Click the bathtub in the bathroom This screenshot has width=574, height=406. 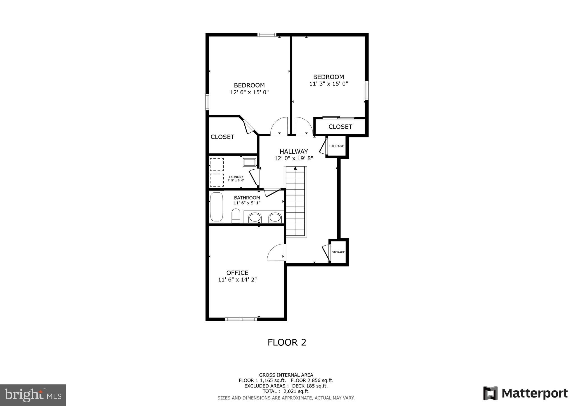click(217, 207)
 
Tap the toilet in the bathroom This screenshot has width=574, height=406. click(236, 216)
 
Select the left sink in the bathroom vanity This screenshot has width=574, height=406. click(255, 218)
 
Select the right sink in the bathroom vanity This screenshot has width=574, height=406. click(275, 218)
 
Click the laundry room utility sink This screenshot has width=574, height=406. click(249, 162)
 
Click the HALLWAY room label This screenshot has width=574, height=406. click(293, 151)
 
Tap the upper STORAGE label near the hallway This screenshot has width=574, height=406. click(336, 146)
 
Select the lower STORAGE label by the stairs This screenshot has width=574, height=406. click(338, 252)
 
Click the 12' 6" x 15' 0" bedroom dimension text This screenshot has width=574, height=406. click(249, 92)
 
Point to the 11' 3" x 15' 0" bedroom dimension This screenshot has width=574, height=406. click(328, 84)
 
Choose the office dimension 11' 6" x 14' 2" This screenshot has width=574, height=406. click(237, 280)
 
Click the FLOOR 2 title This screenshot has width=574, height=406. click(287, 342)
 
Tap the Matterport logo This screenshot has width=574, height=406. click(525, 393)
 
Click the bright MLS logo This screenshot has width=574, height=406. click(33, 395)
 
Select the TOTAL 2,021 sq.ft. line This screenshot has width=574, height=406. click(286, 391)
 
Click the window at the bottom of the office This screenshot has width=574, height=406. click(241, 319)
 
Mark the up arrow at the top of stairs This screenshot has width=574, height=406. click(295, 168)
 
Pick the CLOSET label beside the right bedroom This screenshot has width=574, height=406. click(340, 127)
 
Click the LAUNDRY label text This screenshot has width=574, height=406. click(236, 177)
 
